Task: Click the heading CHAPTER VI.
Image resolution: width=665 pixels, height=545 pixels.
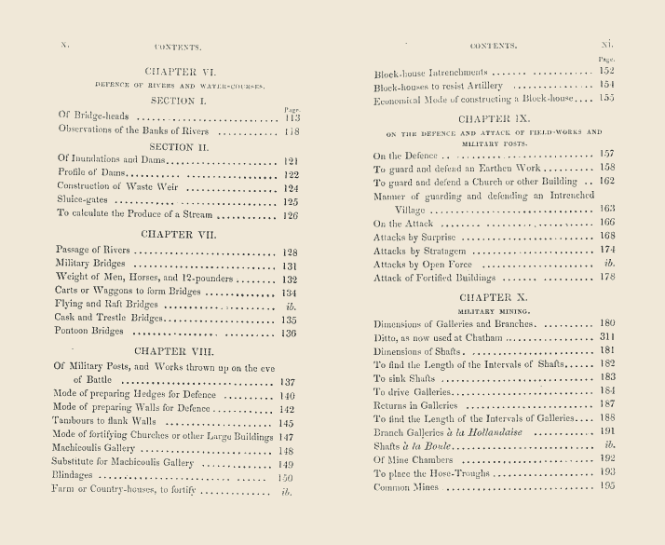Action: (x=181, y=71)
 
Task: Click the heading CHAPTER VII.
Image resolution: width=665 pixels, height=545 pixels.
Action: (x=180, y=235)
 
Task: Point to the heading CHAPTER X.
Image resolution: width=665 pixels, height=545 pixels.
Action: (x=493, y=295)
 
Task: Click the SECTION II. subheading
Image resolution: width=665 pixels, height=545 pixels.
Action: (x=180, y=146)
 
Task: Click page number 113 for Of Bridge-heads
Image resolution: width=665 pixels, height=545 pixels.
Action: (x=291, y=117)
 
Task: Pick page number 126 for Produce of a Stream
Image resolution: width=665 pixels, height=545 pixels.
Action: (x=290, y=215)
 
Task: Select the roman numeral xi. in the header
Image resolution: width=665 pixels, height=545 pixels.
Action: (x=607, y=44)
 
